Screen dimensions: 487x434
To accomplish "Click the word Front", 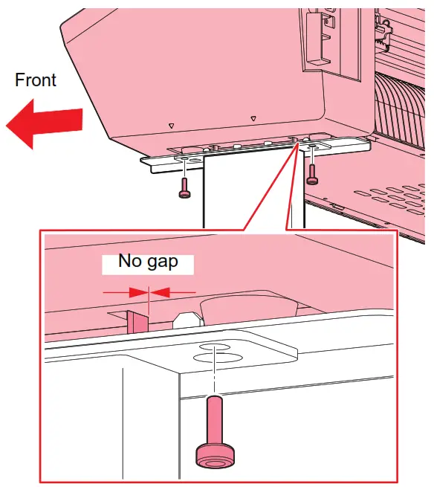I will coord(36,80).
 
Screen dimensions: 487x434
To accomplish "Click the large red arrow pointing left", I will coord(43,123).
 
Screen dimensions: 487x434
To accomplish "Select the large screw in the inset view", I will coord(215,431).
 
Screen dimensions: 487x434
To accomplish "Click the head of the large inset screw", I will coord(214,455).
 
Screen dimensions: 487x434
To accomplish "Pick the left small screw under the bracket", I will coord(184,186).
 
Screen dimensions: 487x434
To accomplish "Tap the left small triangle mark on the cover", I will coord(171,126).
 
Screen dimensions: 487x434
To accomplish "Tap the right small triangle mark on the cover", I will coord(254,118).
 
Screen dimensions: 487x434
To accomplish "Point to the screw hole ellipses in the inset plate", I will coord(216,352).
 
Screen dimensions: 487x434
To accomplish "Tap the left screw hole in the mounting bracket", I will coord(184,159).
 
